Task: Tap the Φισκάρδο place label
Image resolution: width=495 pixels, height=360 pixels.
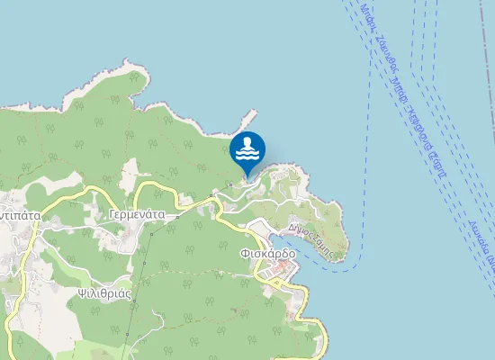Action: tap(268, 254)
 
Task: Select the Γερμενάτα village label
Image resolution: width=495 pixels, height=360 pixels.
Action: tap(135, 216)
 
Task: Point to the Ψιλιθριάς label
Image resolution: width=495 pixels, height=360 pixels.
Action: tap(104, 292)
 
